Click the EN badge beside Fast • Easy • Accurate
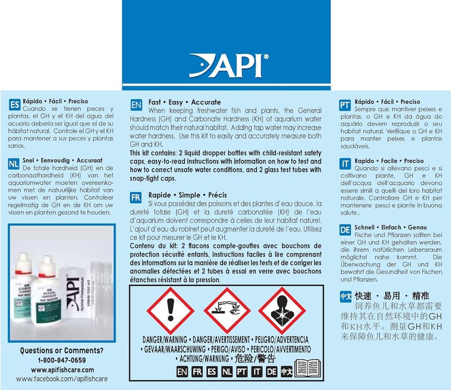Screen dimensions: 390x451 (136, 106)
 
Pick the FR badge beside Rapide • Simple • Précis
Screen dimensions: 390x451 (136, 199)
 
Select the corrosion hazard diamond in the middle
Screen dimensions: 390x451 (225, 310)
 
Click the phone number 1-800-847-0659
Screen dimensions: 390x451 (61, 360)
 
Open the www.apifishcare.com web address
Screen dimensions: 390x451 (61, 370)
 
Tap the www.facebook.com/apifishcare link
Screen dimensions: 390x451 (61, 379)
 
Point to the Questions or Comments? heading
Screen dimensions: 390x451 (61, 350)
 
